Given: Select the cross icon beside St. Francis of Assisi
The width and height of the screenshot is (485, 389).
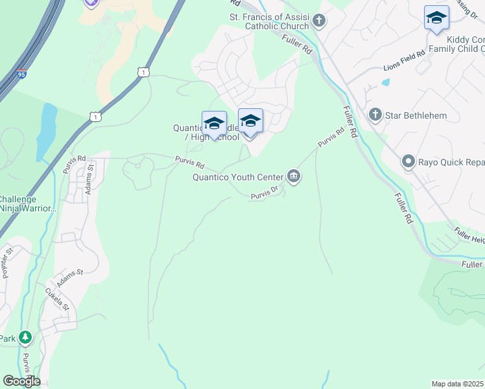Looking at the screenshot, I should [318, 21].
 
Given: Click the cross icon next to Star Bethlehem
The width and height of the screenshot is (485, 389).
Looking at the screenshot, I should [375, 115].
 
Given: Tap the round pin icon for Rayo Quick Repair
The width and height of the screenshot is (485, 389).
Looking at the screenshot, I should [408, 161].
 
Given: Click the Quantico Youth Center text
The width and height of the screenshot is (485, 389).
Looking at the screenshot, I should [238, 176].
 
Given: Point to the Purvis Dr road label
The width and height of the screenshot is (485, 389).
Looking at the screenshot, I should [265, 193].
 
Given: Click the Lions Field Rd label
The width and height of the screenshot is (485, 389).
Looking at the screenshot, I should [407, 58].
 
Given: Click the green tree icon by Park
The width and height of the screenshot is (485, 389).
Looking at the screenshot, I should [25, 338].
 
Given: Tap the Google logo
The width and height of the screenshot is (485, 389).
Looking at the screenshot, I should [21, 381].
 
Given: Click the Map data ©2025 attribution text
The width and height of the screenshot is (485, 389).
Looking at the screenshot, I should [458, 384].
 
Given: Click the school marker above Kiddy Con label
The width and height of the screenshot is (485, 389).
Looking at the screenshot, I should [436, 18].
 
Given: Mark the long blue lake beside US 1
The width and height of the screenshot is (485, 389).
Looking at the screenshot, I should [47, 130].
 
